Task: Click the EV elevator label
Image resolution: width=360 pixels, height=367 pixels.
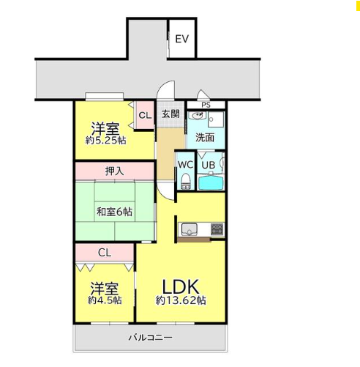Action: [182, 39]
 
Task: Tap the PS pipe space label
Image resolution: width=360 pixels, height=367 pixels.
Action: [206, 105]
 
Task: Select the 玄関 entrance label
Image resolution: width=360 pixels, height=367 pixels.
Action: [170, 114]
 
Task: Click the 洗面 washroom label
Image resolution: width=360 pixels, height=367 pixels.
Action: [205, 138]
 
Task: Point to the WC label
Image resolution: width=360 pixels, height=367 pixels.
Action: [186, 165]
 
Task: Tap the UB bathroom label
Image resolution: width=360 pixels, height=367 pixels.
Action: [209, 165]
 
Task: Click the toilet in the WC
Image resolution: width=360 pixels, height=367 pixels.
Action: [186, 181]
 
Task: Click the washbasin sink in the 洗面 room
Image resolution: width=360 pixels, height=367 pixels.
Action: [198, 116]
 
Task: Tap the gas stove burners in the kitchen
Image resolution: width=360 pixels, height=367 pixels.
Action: [217, 229]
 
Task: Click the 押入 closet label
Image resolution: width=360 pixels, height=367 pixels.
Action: [114, 171]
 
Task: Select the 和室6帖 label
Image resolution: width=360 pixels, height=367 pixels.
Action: [114, 212]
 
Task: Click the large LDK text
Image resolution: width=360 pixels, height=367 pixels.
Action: [181, 287]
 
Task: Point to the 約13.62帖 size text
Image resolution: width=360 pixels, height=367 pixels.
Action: [181, 300]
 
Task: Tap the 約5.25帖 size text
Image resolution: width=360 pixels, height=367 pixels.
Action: [106, 141]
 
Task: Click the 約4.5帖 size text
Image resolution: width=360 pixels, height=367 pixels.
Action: [105, 300]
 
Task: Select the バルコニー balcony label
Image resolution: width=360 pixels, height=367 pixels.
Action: [151, 338]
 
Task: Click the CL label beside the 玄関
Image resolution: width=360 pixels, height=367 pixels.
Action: [145, 115]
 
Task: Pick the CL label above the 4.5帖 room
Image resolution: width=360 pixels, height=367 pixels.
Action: [105, 253]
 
